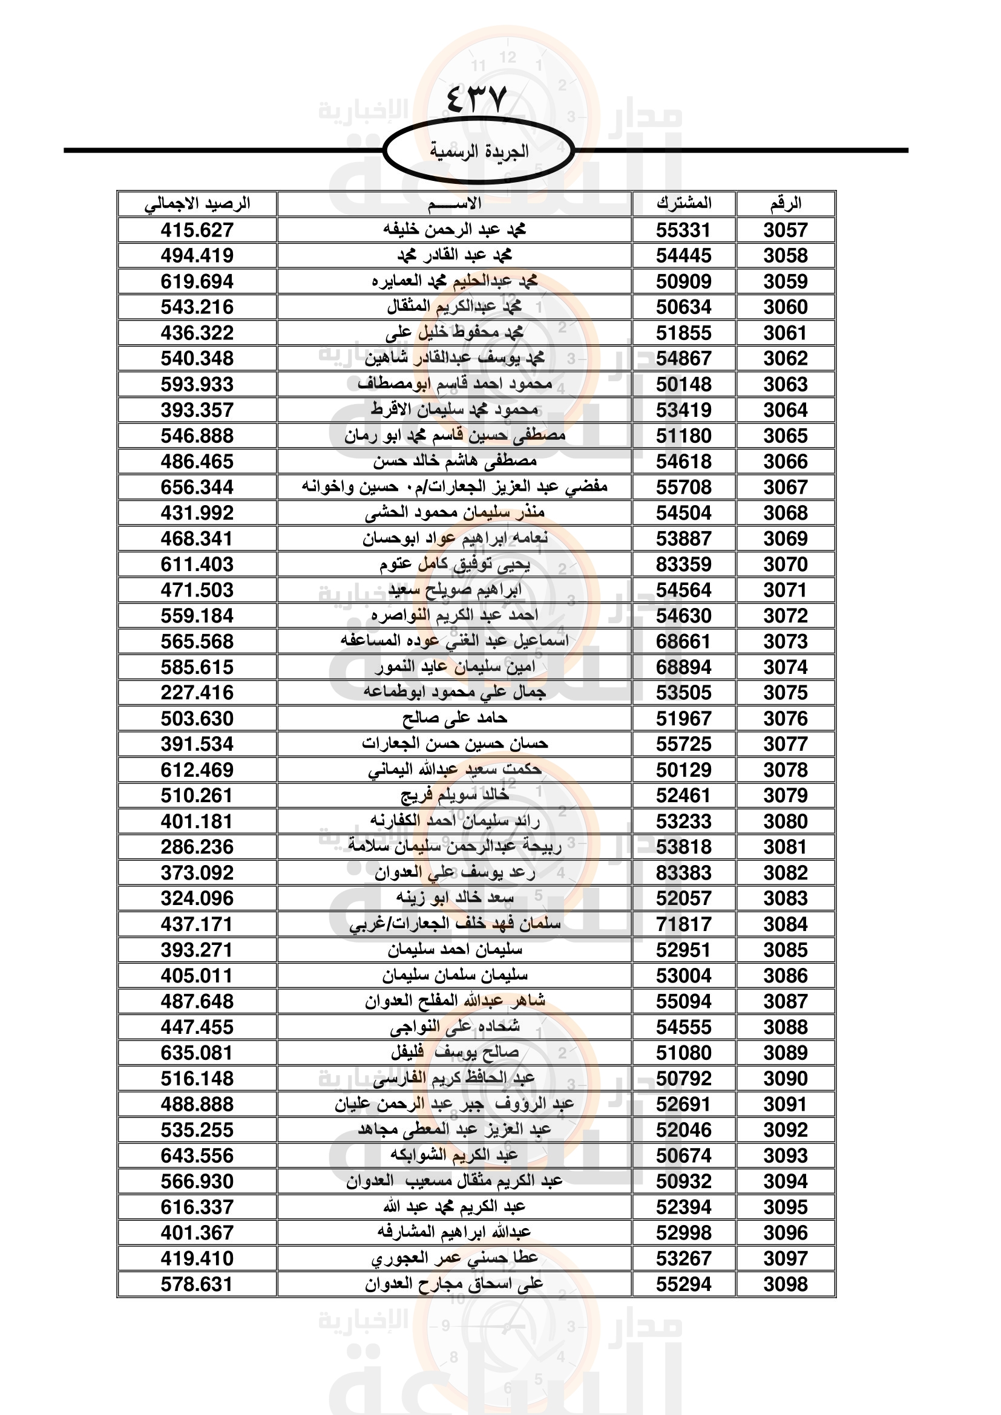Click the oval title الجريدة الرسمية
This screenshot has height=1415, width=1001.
(478, 151)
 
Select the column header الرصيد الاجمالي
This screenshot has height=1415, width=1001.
(197, 203)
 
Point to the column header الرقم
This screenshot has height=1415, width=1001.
(786, 203)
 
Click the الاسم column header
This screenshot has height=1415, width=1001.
(455, 203)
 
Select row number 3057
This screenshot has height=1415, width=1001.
(786, 230)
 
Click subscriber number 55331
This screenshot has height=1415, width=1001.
(683, 230)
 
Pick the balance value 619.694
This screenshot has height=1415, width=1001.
(197, 282)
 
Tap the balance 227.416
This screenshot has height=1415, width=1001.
(197, 693)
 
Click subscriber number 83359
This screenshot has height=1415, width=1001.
(683, 564)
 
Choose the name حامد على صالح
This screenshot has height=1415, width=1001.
(455, 719)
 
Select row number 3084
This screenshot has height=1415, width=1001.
(786, 924)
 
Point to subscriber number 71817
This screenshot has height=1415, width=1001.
(683, 924)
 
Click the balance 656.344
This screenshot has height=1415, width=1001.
(197, 488)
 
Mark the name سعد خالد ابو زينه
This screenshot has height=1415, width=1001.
(455, 898)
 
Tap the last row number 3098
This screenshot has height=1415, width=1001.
(786, 1284)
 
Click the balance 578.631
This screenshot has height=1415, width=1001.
(197, 1284)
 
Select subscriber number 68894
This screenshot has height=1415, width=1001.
(683, 667)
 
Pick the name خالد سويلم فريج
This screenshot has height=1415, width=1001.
(455, 796)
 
